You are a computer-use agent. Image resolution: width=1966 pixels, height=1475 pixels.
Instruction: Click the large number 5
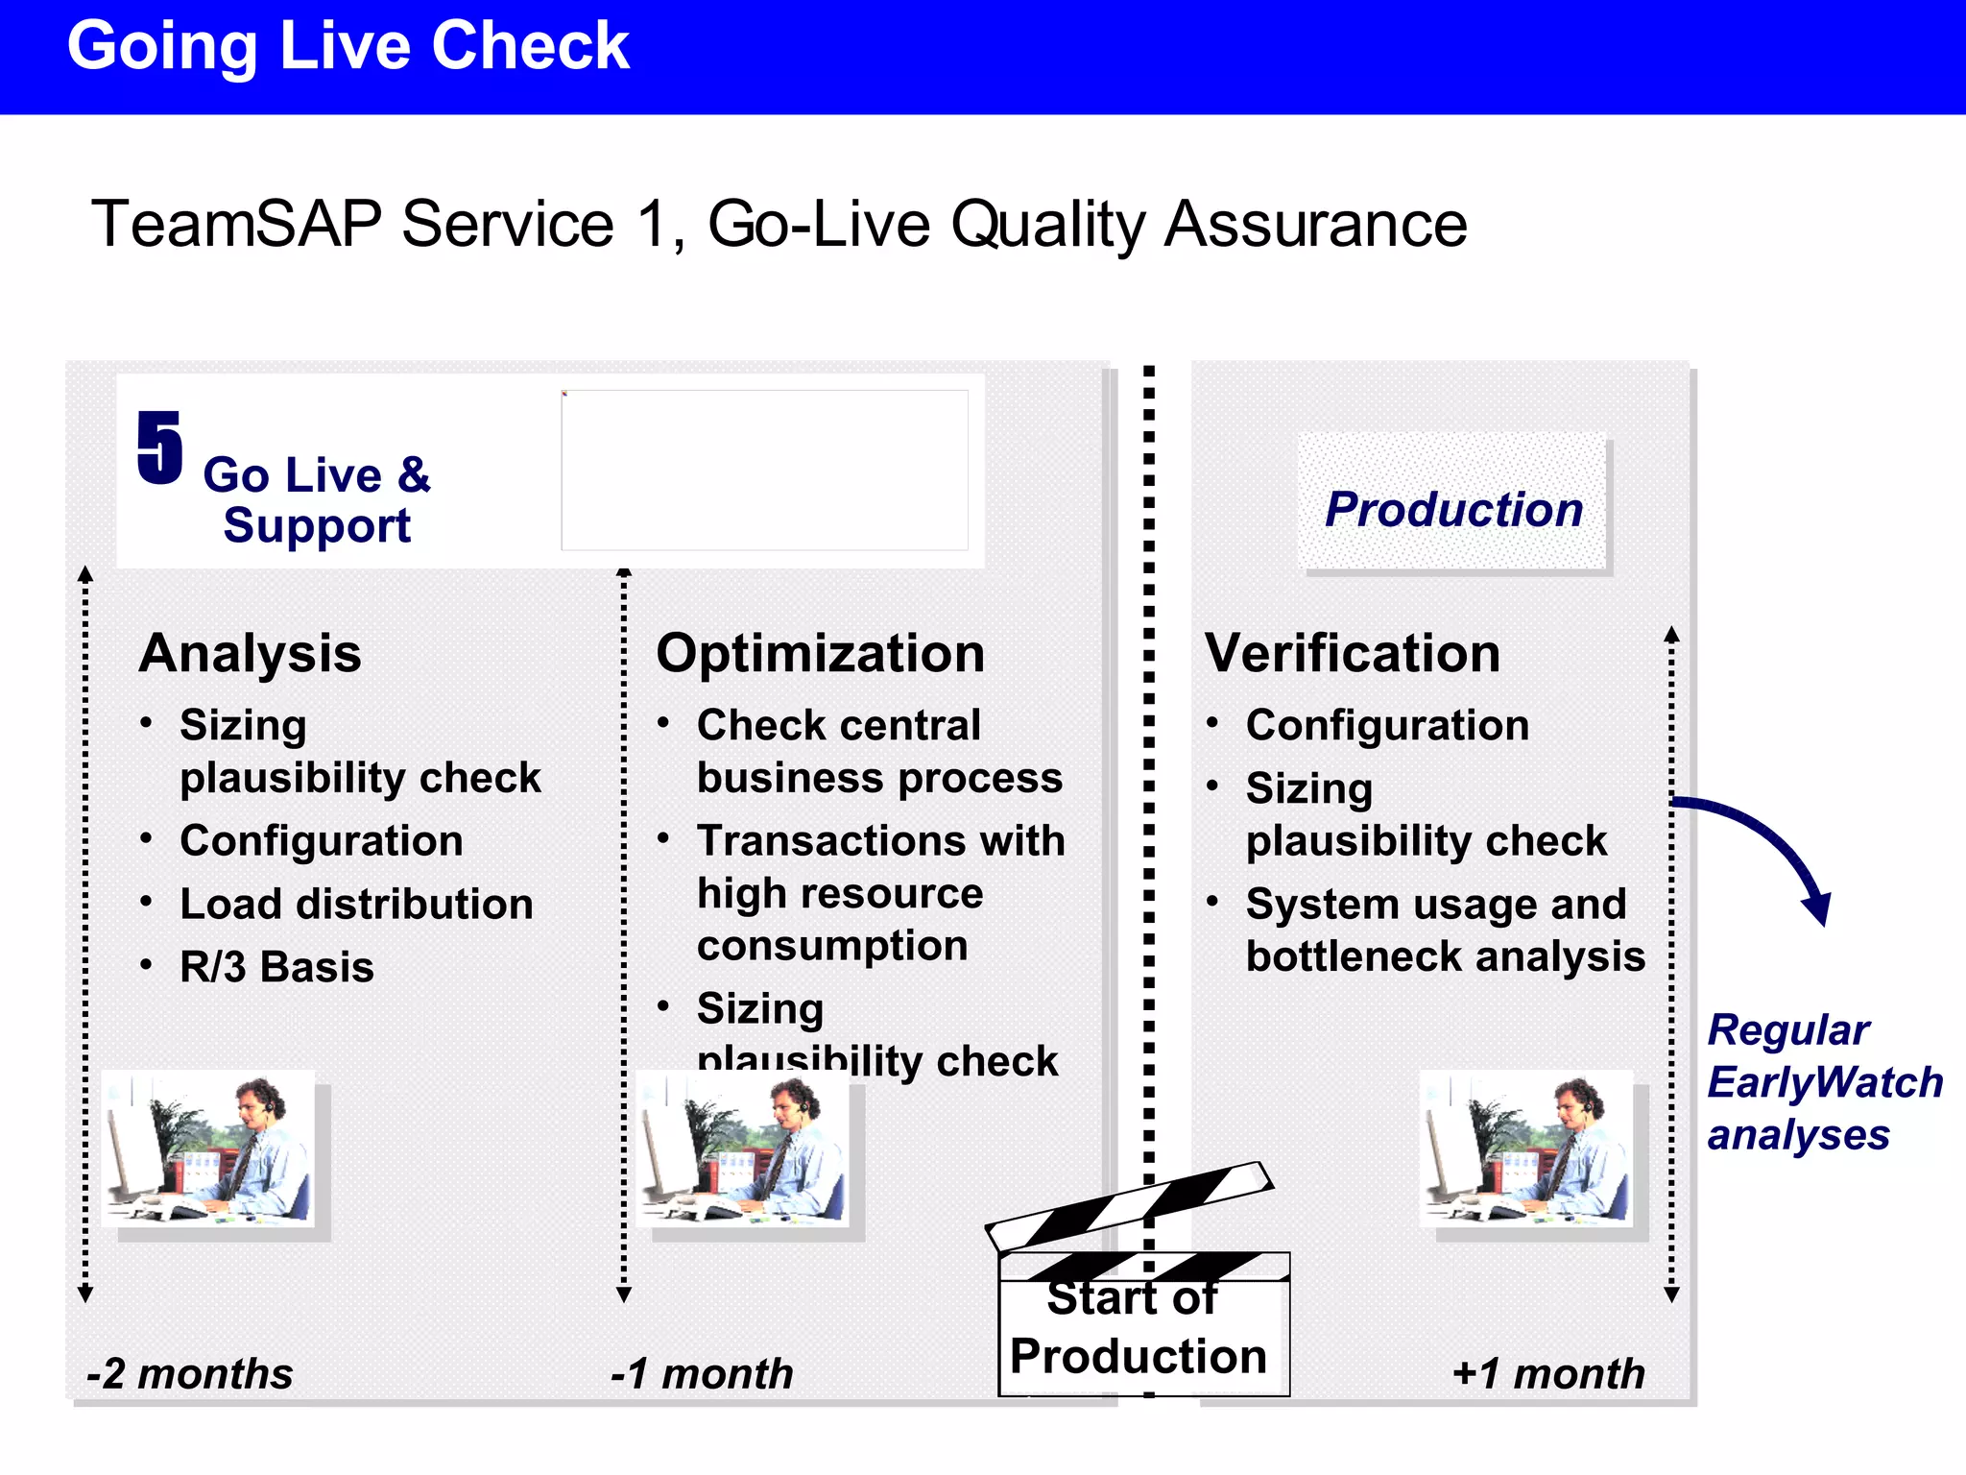pos(159,447)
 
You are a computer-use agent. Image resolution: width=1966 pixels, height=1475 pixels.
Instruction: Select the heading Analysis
pos(250,654)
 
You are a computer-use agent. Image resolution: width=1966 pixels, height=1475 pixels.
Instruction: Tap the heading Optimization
pos(820,654)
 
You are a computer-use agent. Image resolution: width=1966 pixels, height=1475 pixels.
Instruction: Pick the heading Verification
pos(1352,654)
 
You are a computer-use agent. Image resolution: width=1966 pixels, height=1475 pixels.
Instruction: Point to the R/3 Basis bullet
pos(276,967)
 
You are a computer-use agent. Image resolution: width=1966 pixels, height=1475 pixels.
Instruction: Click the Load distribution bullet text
pos(356,905)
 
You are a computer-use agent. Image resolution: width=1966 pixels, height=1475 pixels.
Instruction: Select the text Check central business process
pos(878,751)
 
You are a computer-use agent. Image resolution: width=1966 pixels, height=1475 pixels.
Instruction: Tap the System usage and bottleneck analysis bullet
pos(1444,931)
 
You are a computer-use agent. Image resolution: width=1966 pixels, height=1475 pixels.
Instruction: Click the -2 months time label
pos(190,1373)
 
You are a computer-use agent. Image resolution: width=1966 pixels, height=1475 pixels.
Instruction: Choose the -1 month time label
pos(703,1373)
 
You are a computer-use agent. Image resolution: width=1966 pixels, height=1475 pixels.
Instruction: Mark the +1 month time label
pos(1547,1373)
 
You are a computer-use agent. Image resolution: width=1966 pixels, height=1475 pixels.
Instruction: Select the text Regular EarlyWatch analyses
pos(1822,1082)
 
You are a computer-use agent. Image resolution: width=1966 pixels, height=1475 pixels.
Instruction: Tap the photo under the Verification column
pos(1526,1149)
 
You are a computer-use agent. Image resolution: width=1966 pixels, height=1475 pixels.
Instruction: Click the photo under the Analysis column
pos(208,1149)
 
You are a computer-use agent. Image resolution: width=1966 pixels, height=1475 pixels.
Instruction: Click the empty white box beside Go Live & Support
pos(764,471)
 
